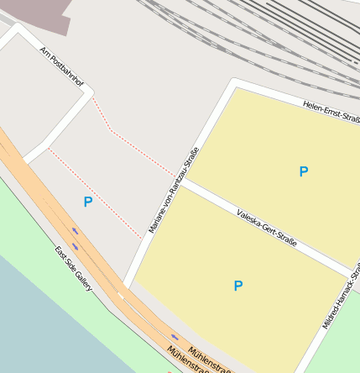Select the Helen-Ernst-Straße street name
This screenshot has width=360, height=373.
click(332, 113)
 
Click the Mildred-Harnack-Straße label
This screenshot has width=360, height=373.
click(341, 297)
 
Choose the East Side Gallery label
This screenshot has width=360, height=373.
click(73, 269)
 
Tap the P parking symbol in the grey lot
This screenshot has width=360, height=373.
click(88, 202)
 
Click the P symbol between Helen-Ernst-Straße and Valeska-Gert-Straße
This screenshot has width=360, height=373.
click(304, 171)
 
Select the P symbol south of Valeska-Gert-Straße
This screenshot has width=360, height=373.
click(238, 286)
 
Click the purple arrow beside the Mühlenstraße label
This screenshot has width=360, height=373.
click(175, 337)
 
